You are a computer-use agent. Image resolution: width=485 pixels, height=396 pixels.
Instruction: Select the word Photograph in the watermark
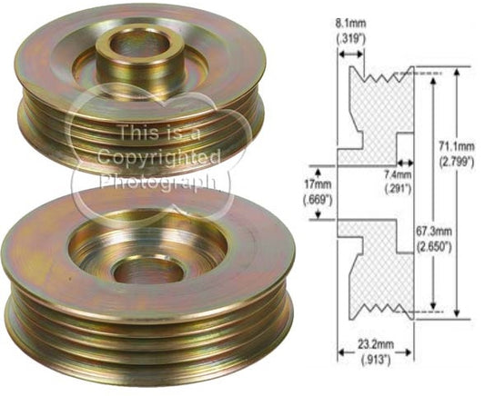click(159, 181)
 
